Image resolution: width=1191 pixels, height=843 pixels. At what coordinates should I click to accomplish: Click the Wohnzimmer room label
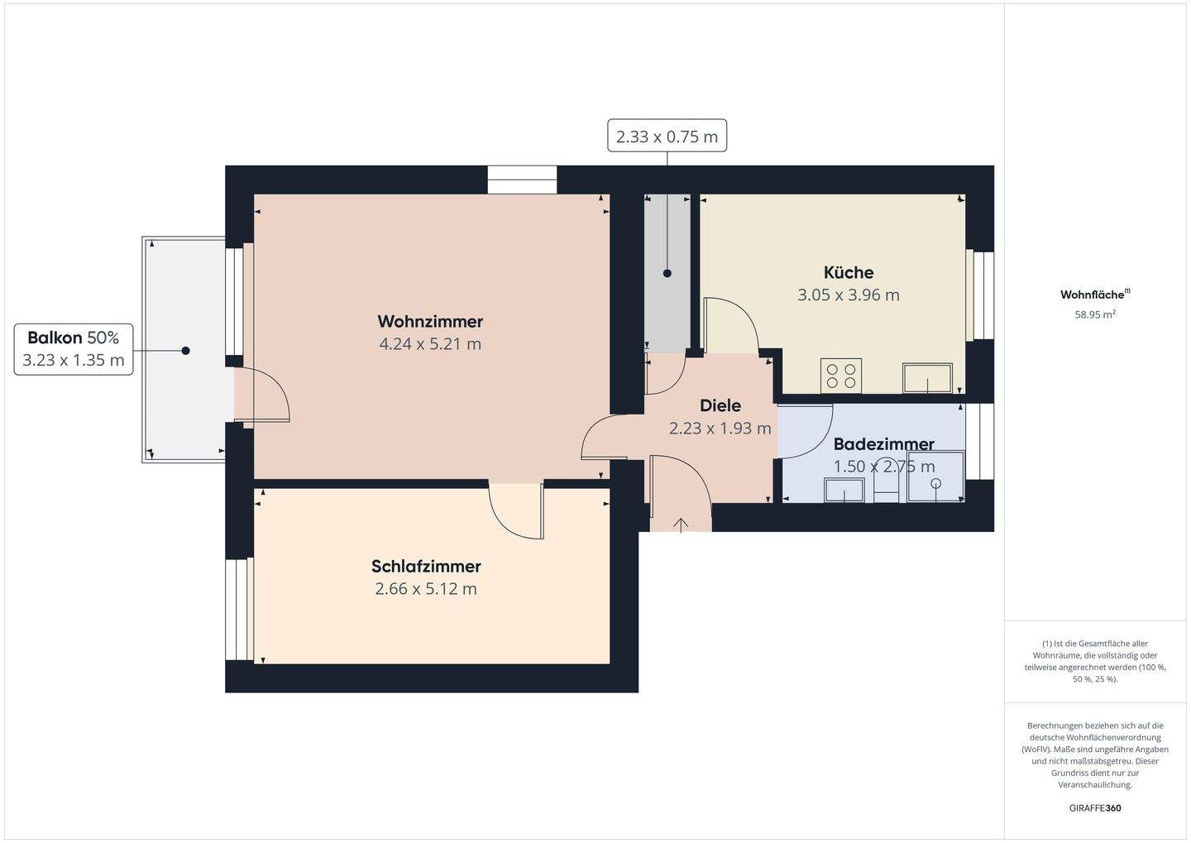pos(430,322)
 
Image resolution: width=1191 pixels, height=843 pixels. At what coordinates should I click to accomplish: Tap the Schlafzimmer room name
pos(426,567)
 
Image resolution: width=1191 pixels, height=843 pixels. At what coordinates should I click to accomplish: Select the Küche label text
pos(849,272)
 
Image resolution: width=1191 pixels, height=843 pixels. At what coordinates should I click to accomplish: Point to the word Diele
pos(720,406)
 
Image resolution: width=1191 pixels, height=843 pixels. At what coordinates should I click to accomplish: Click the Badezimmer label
pos(883,444)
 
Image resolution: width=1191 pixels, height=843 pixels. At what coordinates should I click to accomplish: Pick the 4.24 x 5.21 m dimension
pos(430,344)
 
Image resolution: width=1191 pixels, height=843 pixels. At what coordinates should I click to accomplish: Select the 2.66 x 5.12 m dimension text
pos(426,589)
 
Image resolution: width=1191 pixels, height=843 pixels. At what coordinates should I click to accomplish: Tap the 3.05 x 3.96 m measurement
pos(849,295)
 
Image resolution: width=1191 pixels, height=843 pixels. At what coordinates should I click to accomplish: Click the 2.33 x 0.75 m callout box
pos(667,136)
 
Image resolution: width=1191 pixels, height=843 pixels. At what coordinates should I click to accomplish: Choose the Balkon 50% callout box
pos(74,349)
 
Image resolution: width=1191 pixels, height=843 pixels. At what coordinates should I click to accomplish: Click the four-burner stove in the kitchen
pos(841,376)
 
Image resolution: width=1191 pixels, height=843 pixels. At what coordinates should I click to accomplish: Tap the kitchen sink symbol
pos(927,378)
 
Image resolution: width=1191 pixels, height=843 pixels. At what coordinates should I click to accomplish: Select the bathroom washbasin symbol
pos(844,490)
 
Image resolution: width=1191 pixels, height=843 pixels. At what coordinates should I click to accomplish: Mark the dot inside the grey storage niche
pos(667,273)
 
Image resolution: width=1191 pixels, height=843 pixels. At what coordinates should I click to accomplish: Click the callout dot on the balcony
pos(185,351)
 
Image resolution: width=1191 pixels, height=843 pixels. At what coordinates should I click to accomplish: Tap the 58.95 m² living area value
pos(1095,314)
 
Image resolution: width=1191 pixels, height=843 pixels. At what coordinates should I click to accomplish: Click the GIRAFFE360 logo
pos(1095,808)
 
